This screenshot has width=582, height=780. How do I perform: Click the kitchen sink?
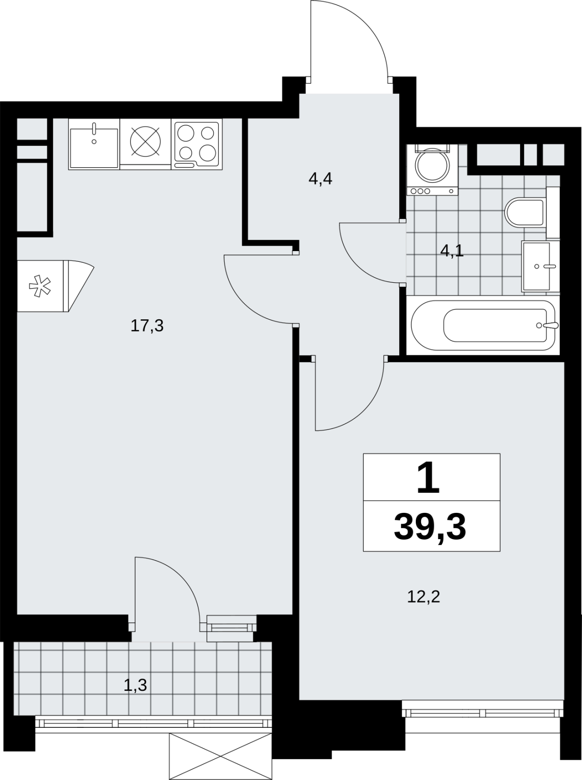pyautogui.click(x=94, y=144)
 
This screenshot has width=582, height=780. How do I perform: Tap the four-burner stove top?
pyautogui.click(x=197, y=144)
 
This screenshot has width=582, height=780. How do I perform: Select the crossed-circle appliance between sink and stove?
pyautogui.click(x=145, y=142)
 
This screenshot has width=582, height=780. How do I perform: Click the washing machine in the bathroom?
pyautogui.click(x=432, y=170)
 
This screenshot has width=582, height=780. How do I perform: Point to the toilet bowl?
pyautogui.click(x=524, y=213)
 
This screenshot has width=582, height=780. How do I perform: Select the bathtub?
pyautogui.click(x=484, y=326)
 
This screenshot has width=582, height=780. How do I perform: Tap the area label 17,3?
pyautogui.click(x=147, y=326)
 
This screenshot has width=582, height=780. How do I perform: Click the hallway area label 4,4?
pyautogui.click(x=321, y=179)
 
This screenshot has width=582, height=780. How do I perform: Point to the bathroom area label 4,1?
pyautogui.click(x=452, y=251)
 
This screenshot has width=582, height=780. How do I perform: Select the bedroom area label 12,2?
pyautogui.click(x=424, y=597)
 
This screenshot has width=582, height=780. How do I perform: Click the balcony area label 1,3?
pyautogui.click(x=135, y=685)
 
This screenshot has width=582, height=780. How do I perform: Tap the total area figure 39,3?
pyautogui.click(x=430, y=527)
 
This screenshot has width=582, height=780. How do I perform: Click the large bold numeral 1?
pyautogui.click(x=428, y=478)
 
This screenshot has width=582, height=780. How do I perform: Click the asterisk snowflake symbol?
pyautogui.click(x=40, y=287)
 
